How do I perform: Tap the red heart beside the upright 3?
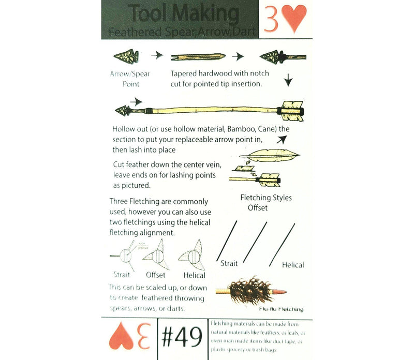point(295,19)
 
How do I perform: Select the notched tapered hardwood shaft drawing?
point(197,56)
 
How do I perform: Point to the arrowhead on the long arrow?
point(124,110)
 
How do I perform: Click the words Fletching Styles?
point(266,198)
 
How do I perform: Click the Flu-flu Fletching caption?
point(276,309)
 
